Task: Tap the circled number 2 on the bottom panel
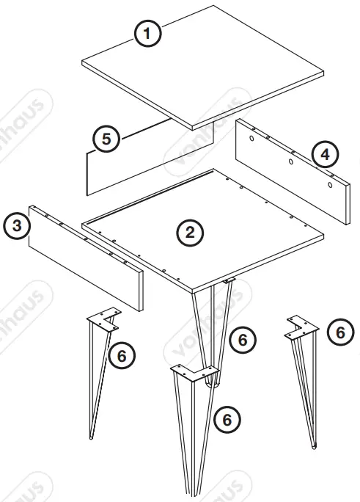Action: tap(189, 233)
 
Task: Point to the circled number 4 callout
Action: tap(323, 155)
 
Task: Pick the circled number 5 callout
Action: tap(108, 139)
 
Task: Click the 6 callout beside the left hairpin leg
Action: tap(122, 355)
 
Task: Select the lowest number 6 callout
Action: tap(227, 419)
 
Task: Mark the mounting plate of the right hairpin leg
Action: tap(300, 328)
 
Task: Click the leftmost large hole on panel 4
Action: tap(251, 138)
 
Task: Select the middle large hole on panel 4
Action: tap(291, 161)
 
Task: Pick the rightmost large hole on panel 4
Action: tap(330, 186)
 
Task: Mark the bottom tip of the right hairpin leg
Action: tap(315, 445)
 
